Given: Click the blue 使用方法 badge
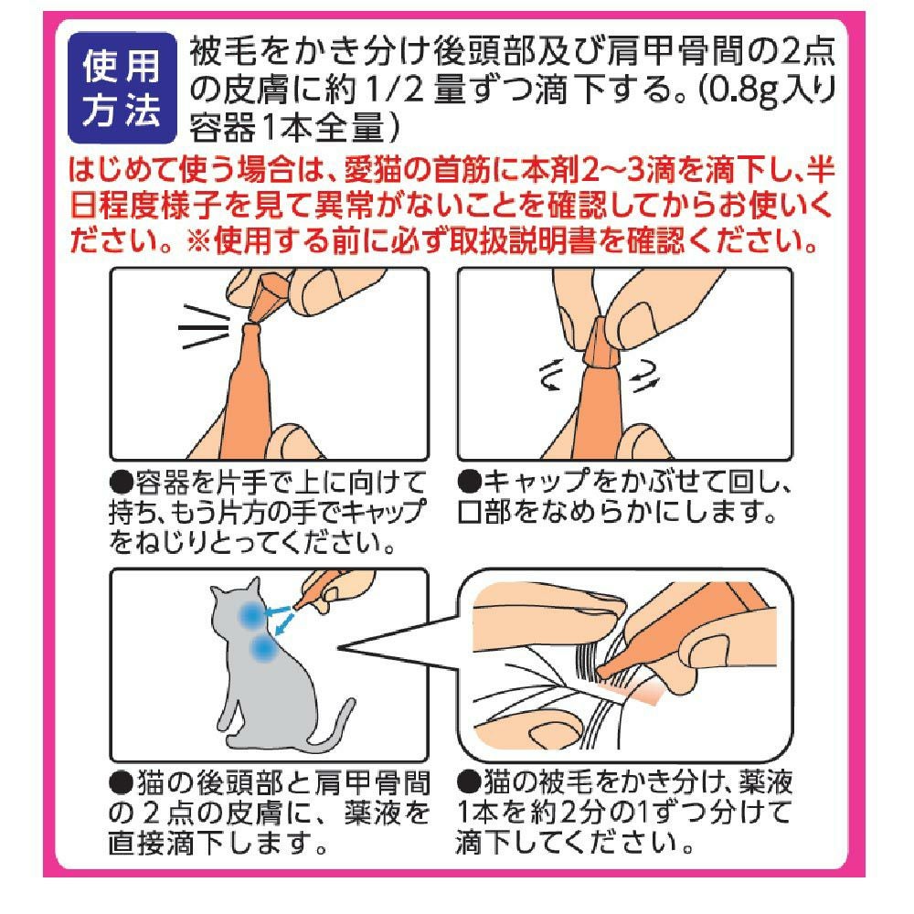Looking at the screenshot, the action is tap(122, 88).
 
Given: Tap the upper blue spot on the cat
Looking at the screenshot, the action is tap(252, 614).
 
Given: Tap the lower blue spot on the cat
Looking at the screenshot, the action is tap(263, 648).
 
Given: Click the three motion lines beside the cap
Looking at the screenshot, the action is tap(204, 327).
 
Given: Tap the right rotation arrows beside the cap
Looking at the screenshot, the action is tap(644, 376).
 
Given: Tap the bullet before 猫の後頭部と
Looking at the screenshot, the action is tap(122, 782).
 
